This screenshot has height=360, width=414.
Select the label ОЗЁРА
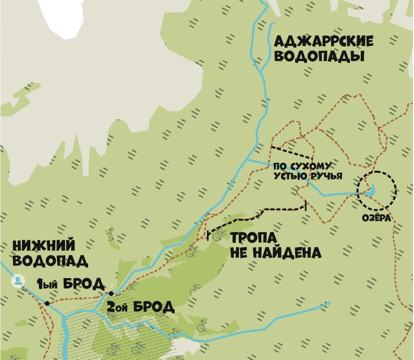point(376,218)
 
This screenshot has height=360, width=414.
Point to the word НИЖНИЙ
point(43,245)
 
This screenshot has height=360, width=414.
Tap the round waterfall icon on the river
point(19,281)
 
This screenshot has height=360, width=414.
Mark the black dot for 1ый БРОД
point(47,303)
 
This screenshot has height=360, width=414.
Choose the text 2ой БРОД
point(140,306)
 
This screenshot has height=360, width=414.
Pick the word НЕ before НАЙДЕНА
point(239,254)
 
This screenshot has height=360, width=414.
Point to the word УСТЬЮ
point(290,176)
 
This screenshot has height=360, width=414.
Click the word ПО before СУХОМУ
point(281,167)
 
